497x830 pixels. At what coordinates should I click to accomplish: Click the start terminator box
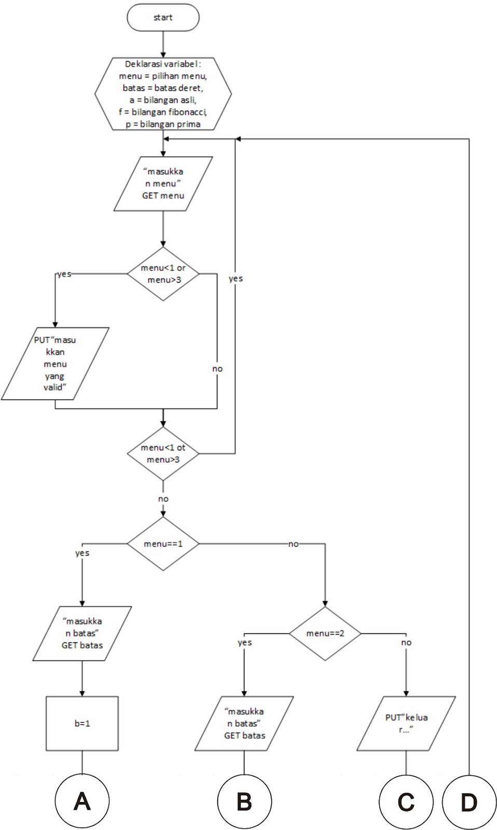point(163,18)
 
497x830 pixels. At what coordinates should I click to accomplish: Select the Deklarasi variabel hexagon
point(163,94)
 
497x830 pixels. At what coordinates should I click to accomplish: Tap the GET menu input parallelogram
point(163,184)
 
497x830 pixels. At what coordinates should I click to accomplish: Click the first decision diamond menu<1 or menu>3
point(163,274)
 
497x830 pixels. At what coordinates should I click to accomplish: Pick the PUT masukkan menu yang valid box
point(55,364)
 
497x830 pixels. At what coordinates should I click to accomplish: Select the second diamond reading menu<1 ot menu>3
point(163,453)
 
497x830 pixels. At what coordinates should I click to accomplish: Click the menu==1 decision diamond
point(163,544)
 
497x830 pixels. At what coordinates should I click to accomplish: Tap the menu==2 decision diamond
point(325,633)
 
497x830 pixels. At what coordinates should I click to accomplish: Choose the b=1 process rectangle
point(82,723)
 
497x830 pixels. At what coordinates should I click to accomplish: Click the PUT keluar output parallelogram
point(406,723)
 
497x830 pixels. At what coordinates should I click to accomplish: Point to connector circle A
point(82,801)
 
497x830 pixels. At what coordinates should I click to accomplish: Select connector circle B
point(244,801)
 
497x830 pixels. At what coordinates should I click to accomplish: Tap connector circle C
point(406,802)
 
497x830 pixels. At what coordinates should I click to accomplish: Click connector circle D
point(469,802)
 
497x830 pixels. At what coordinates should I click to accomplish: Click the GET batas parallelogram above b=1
point(82,633)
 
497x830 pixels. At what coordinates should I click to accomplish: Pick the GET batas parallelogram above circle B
point(244,723)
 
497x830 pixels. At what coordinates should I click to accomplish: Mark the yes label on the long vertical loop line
point(236,279)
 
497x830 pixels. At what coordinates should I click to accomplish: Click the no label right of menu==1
point(293,544)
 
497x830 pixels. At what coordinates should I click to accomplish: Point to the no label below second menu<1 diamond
point(163,499)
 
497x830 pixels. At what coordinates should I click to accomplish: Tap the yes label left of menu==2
point(244,643)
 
